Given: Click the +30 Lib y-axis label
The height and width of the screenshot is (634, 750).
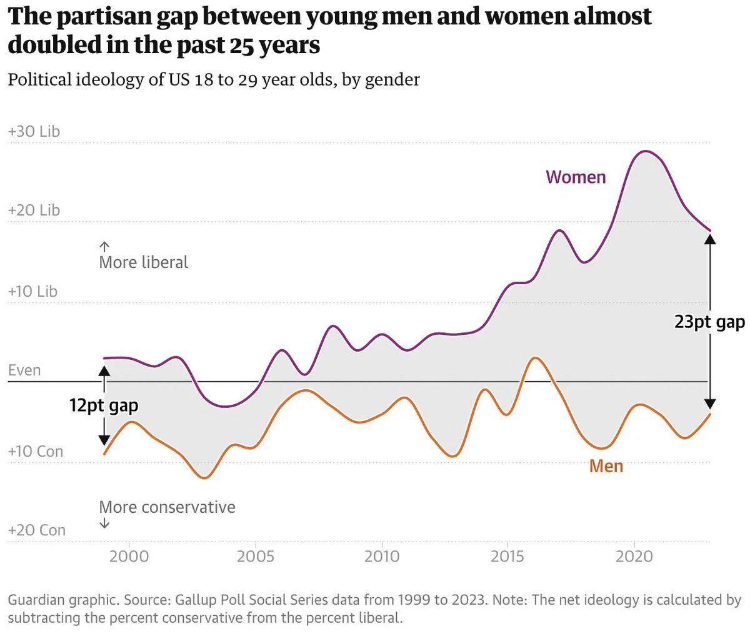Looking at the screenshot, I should click(34, 132).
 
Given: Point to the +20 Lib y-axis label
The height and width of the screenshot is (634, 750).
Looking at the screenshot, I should click(34, 211).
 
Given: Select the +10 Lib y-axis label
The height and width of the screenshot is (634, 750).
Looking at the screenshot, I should click(32, 292).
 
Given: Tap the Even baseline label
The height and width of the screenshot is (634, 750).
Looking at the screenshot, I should click(24, 370).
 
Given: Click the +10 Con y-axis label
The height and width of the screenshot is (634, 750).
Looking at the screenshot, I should click(36, 451).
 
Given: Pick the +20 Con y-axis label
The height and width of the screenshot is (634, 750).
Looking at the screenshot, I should click(36, 530).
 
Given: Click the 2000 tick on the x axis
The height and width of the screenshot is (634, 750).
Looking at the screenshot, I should click(128, 555).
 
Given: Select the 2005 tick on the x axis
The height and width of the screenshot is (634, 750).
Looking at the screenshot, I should click(255, 555).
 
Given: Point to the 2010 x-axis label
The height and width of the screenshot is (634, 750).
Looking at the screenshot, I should click(381, 555).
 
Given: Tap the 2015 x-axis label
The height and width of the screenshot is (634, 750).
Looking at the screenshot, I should click(507, 555).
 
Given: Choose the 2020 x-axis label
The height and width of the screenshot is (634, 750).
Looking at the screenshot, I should click(634, 555).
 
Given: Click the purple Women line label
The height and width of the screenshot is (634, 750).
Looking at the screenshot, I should click(576, 177).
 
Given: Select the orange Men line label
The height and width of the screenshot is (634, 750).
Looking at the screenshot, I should click(606, 466).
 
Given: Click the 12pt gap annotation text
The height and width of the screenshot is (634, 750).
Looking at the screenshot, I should click(104, 405).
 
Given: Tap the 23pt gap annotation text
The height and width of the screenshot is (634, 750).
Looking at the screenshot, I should click(709, 322).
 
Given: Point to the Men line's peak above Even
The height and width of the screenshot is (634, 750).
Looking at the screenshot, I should click(535, 358).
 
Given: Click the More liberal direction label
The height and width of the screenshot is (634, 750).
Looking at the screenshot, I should click(143, 262).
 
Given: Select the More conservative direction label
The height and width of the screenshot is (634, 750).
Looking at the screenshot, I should click(167, 507).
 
